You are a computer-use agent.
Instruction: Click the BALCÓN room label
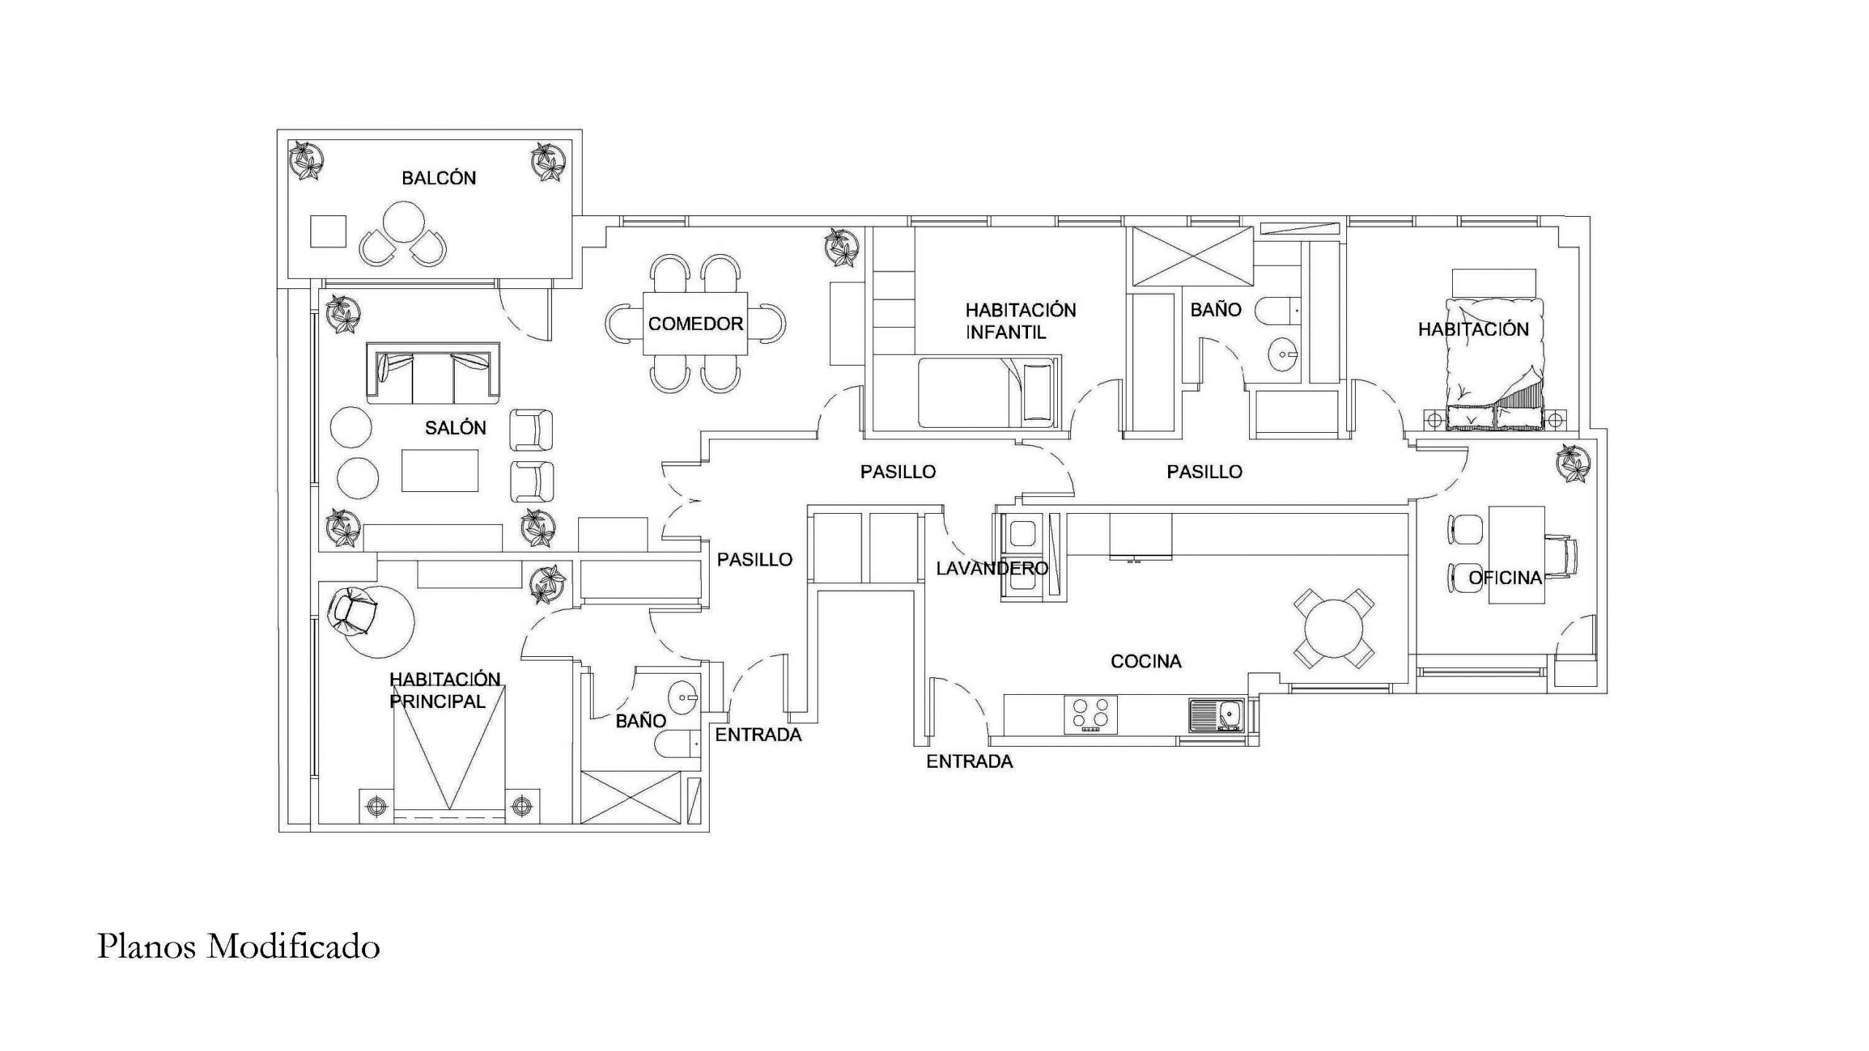pos(439,177)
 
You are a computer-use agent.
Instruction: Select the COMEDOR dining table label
pos(695,323)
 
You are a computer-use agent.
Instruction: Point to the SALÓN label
pos(456,428)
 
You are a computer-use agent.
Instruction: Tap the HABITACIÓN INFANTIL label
pos(1021,321)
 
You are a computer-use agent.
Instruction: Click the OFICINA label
pos(1505,578)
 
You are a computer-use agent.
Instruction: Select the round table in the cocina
pos(1334,628)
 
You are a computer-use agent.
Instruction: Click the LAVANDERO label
pos(992,568)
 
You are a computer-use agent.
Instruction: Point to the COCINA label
pos(1146,661)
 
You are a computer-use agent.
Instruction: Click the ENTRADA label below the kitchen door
pos(970,762)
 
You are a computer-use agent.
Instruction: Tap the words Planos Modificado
pos(239,947)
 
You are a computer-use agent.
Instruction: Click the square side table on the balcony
pos(328,231)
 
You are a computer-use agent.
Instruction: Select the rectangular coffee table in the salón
pos(440,470)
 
